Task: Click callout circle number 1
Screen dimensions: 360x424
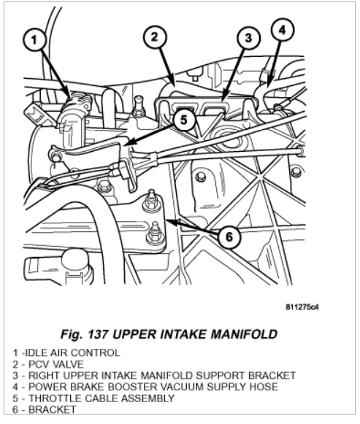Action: coord(34,40)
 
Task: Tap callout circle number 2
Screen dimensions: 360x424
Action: coord(154,36)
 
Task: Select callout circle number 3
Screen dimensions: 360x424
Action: coord(248,38)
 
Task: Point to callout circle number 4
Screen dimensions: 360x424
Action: coord(283,30)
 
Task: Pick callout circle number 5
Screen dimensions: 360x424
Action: coord(184,119)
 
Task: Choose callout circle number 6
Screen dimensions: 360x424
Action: coord(229,237)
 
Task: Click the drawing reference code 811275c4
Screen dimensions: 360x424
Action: coord(302,307)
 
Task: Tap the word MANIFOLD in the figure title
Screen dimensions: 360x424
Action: coord(244,334)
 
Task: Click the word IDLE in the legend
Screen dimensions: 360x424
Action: coord(37,353)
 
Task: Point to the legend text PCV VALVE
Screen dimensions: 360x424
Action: coord(56,364)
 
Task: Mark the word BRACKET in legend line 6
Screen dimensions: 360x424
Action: coord(53,409)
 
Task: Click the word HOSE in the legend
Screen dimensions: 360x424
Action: coord(264,387)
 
